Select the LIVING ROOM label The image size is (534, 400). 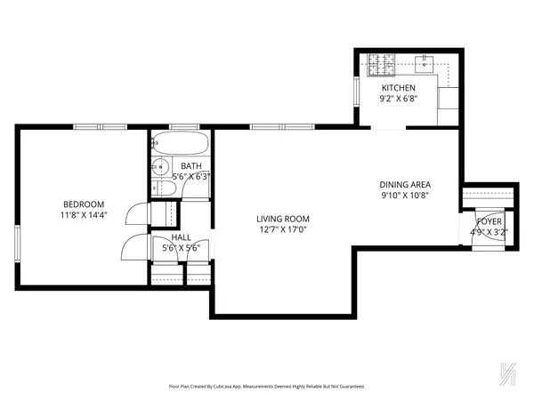pos(282,219)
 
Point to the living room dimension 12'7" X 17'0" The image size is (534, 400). pos(282,230)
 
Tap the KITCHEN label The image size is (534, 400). pos(399,89)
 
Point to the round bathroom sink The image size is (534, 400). pos(161,166)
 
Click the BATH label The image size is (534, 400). pos(190,166)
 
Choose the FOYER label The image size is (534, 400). pos(488,221)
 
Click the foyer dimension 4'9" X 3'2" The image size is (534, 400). pos(488,233)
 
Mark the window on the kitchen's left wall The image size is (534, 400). pos(356,90)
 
